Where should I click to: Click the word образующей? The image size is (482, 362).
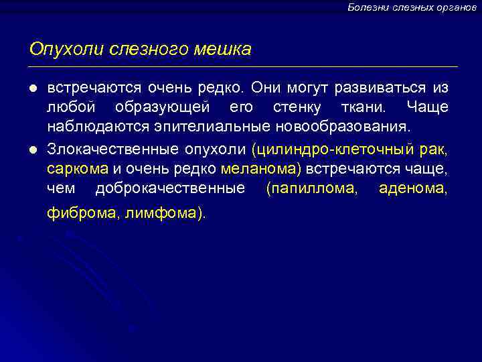click(163, 108)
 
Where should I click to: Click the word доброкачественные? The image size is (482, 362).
click(170, 188)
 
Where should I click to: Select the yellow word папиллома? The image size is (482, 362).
click(311, 188)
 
